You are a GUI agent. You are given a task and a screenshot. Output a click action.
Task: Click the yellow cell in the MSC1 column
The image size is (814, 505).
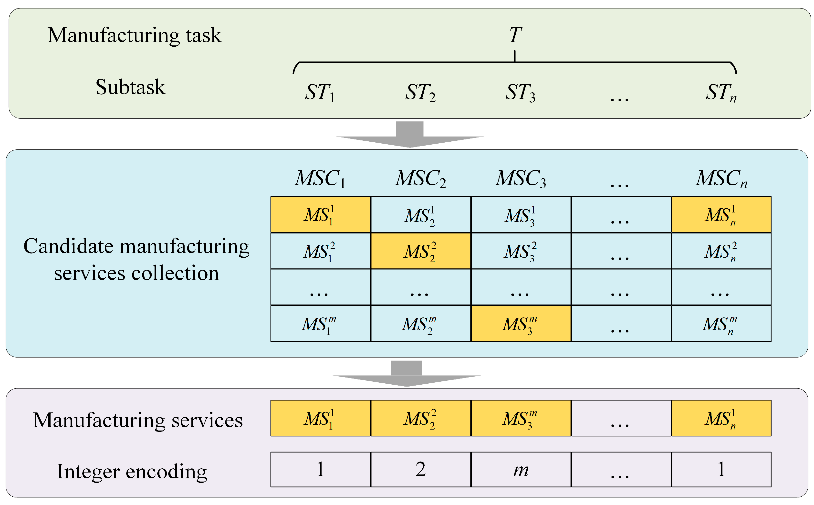[x=320, y=214]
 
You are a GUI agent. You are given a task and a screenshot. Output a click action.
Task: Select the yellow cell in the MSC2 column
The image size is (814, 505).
[x=420, y=251]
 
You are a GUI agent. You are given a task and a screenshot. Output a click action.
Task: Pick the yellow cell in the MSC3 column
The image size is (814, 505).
[x=521, y=323]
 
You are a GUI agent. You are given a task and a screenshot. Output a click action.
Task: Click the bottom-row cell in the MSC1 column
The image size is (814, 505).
[x=320, y=323]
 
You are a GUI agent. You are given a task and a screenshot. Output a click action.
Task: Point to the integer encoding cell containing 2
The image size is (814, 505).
[x=420, y=469]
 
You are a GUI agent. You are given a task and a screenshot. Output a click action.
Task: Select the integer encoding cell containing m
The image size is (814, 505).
[x=521, y=469]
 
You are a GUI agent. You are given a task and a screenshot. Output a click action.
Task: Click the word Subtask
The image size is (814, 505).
[x=130, y=87]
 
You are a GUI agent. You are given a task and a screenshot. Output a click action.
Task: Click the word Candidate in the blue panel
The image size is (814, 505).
[x=68, y=246]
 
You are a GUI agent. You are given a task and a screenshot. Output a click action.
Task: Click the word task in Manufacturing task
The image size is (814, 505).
[x=204, y=35]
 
